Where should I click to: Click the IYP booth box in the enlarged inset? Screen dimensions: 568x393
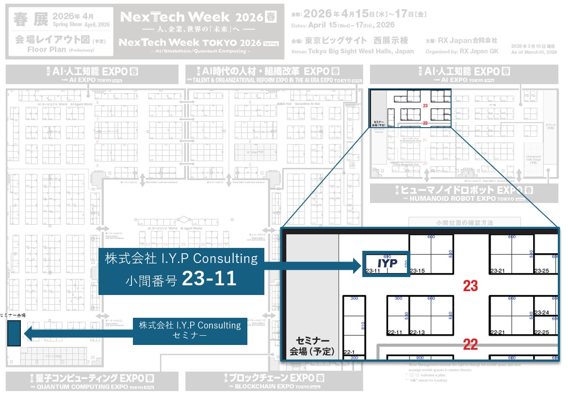click(x=387, y=264)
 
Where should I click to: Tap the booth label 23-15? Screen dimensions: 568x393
click(x=417, y=271)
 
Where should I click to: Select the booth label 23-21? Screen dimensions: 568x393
click(x=497, y=271)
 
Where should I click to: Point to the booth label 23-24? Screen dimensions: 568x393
click(x=541, y=312)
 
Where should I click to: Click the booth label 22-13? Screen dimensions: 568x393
click(x=417, y=332)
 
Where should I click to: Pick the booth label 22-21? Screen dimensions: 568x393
click(x=497, y=332)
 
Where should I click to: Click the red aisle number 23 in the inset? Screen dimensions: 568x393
click(x=470, y=286)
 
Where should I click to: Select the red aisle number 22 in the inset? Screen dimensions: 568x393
click(x=470, y=344)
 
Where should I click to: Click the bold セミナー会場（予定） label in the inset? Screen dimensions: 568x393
click(x=312, y=345)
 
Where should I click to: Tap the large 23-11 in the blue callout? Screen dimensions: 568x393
click(x=209, y=278)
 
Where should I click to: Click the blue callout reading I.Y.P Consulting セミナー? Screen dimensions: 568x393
click(x=190, y=330)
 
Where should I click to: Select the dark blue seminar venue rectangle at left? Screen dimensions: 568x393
click(x=14, y=333)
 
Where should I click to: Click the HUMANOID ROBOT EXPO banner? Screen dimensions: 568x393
click(x=451, y=193)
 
